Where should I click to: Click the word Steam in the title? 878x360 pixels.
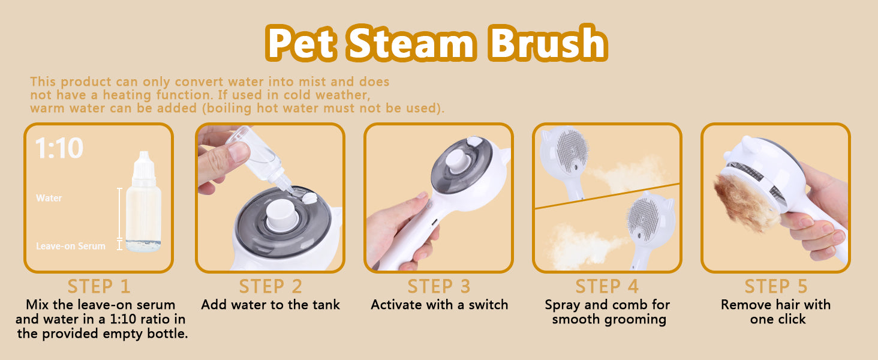point(411,43)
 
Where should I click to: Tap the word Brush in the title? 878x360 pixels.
point(547,43)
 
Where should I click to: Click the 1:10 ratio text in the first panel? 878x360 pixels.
point(59,148)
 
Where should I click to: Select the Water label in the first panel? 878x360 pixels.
point(49,197)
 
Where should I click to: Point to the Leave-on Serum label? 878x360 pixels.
point(71,246)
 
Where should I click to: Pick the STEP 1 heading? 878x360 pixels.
point(99,286)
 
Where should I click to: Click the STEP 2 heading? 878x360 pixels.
point(270,286)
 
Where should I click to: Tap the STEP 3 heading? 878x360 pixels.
point(439,286)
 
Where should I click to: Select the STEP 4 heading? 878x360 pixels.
point(607,286)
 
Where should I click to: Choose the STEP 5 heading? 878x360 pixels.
point(776,286)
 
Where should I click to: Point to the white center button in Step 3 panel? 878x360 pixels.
point(457,161)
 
